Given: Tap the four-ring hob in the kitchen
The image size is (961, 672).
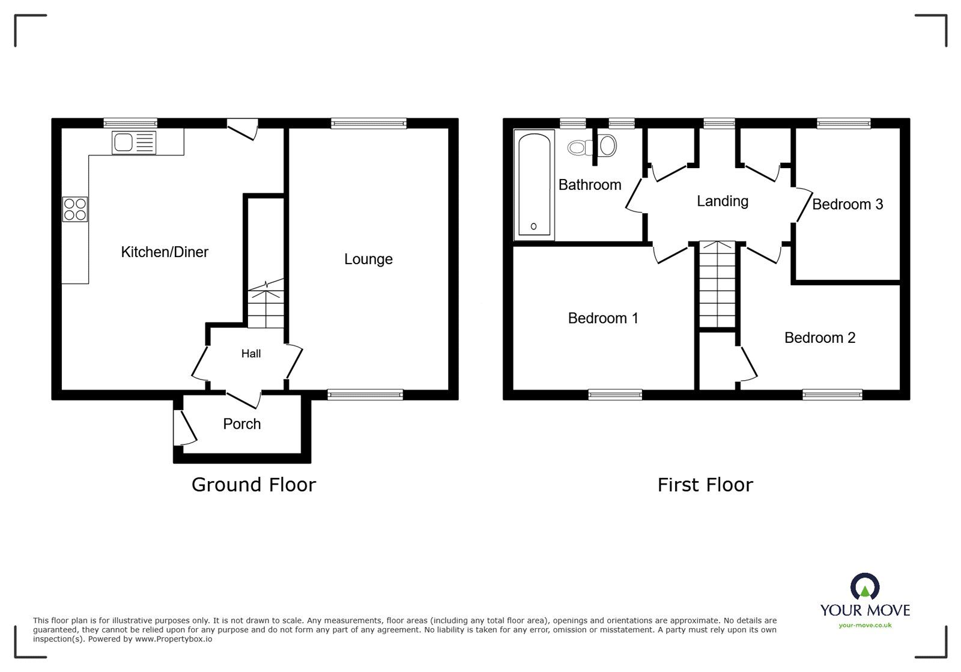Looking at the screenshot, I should tap(75, 209).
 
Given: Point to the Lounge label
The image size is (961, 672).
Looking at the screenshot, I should tap(368, 259).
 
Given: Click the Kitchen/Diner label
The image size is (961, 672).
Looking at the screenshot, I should tap(165, 252).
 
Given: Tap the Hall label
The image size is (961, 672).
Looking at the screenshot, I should tap(251, 354).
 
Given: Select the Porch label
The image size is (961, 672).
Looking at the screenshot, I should tap(242, 424).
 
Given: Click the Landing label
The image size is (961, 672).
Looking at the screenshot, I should tap(723, 201).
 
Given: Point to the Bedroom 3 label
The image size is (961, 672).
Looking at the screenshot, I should tap(847, 205).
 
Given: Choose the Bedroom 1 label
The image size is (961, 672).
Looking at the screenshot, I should tap(603, 318).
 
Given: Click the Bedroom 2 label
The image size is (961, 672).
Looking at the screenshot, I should tap(820, 338).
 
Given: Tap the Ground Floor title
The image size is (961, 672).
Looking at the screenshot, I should tap(253, 485).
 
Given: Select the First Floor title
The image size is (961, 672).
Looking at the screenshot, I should tap(705, 485).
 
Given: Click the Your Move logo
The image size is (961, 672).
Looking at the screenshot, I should tap(865, 601).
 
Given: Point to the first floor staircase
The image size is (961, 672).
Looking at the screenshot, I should tap(718, 284).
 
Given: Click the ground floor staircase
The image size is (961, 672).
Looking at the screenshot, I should tap(265, 306).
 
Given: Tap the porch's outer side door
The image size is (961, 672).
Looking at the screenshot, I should tap(184, 428).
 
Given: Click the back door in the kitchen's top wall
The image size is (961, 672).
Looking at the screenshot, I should tap(243, 129).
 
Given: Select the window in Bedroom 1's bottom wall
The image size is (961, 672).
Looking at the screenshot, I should tap(615, 395).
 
